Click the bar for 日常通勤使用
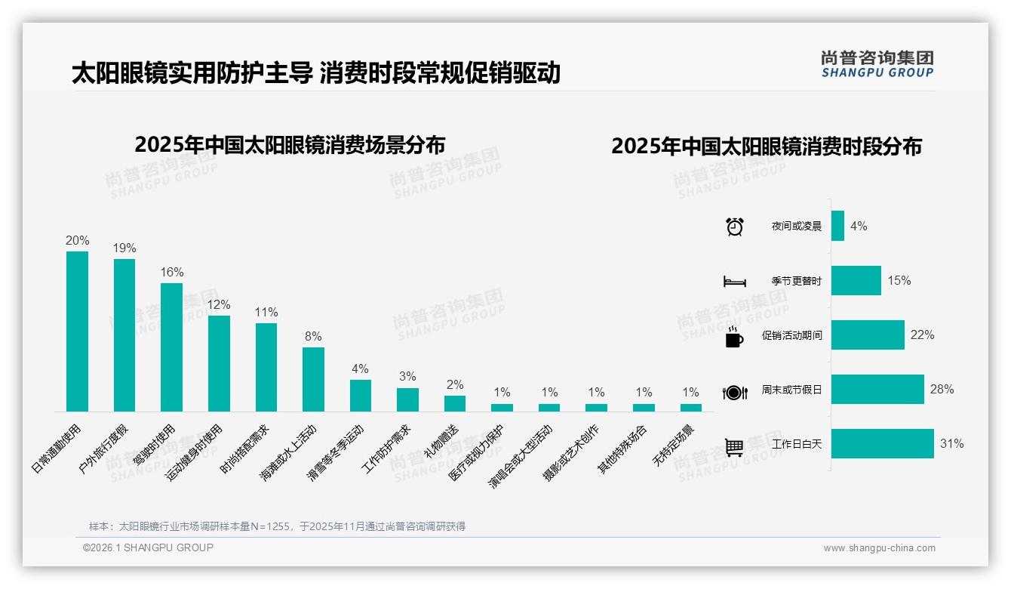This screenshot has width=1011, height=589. [77, 332]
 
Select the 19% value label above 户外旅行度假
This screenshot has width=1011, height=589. [124, 248]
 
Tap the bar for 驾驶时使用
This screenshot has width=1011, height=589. [171, 347]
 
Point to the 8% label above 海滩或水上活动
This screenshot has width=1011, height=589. [313, 336]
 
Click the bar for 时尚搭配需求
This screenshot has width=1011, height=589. [266, 367]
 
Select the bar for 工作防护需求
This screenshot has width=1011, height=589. [407, 399]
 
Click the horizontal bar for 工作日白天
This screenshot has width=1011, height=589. [882, 443]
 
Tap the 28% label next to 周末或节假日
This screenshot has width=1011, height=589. [942, 389]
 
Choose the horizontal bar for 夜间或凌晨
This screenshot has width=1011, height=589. [837, 226]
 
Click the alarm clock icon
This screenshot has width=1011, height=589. [734, 226]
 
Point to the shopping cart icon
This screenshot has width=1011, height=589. [734, 448]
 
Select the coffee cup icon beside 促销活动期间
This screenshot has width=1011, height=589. [734, 337]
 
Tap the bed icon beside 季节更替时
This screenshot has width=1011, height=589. [734, 282]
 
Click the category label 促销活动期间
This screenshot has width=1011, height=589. [791, 335]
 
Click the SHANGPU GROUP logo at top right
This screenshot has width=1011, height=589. [877, 63]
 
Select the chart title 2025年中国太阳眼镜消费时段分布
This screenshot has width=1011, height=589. [766, 146]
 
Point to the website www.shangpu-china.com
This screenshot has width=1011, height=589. [879, 548]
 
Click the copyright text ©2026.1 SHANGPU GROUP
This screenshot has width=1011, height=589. [148, 547]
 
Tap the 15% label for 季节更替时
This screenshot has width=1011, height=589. [899, 280]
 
